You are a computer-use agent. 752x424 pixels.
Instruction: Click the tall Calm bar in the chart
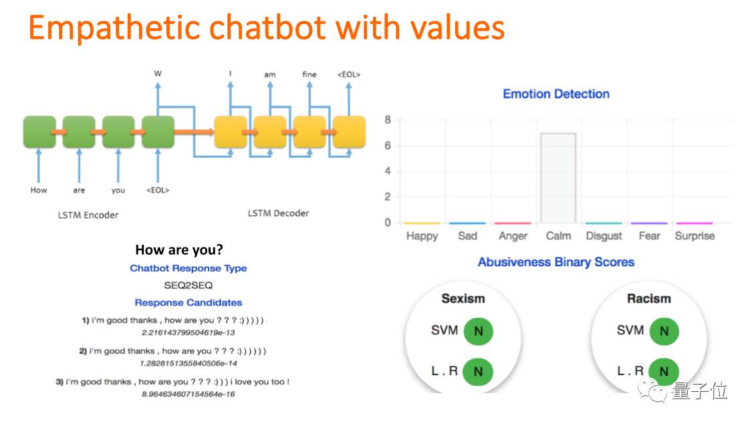[558, 178]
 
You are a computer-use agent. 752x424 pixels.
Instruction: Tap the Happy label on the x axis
[422, 236]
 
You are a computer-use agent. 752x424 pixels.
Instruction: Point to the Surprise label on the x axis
[695, 236]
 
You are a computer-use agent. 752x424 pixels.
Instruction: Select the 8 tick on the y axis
[387, 120]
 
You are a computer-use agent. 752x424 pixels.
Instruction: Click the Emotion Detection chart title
[556, 94]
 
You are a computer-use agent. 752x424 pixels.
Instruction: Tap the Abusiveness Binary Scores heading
[556, 262]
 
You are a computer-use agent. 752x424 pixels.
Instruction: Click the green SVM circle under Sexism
[478, 330]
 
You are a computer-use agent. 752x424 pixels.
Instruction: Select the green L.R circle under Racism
[664, 372]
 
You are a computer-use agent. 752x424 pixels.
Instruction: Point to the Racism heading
[648, 299]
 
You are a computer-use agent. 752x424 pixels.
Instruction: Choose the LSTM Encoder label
[88, 215]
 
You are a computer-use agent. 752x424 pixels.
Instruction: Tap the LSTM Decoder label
[278, 213]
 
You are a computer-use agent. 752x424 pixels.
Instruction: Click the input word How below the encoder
[39, 190]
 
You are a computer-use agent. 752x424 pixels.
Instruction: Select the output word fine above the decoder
[309, 74]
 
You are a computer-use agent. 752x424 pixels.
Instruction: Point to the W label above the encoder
[158, 74]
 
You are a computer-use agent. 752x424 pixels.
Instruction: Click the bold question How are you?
[179, 249]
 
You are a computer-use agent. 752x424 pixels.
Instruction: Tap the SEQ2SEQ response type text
[189, 286]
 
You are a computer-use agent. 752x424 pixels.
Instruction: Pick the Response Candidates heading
[189, 302]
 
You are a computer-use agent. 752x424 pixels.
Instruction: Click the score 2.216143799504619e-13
[189, 332]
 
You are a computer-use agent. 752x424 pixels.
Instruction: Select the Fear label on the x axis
[649, 236]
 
